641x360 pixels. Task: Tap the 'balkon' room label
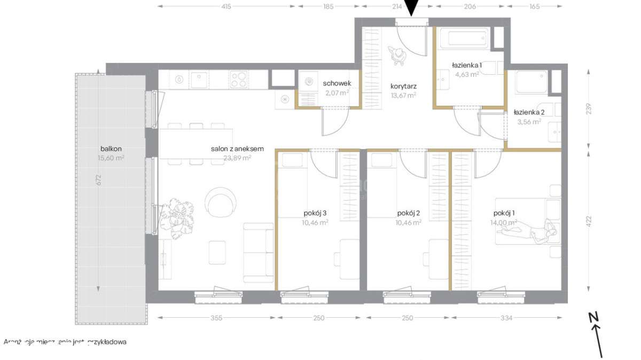pos(111,148)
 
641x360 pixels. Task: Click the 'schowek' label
pos(337,83)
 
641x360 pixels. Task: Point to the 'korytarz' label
pos(403,85)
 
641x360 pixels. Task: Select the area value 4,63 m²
pos(466,74)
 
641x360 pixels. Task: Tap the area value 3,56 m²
pos(529,121)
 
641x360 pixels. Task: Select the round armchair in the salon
pos(221,201)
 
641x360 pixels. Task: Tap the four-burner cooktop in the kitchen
pos(239,80)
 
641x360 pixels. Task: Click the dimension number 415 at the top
pos(226,7)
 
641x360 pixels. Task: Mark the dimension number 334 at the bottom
pos(506,318)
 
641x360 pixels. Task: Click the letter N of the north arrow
pos(593,317)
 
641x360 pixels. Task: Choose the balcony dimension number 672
pos(98,180)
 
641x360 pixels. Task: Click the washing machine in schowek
pos(308,82)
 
